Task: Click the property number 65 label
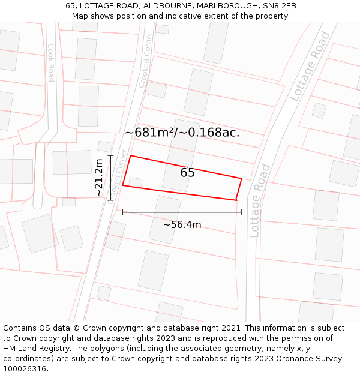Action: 187,173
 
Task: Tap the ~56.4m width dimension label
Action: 182,225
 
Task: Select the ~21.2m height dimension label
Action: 100,177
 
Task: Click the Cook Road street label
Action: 51,62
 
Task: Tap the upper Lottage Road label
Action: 310,66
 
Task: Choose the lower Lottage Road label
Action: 256,200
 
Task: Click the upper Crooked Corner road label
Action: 146,65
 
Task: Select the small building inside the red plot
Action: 136,182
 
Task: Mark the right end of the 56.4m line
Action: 242,212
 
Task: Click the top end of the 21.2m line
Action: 110,156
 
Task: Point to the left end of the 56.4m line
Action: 123,212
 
